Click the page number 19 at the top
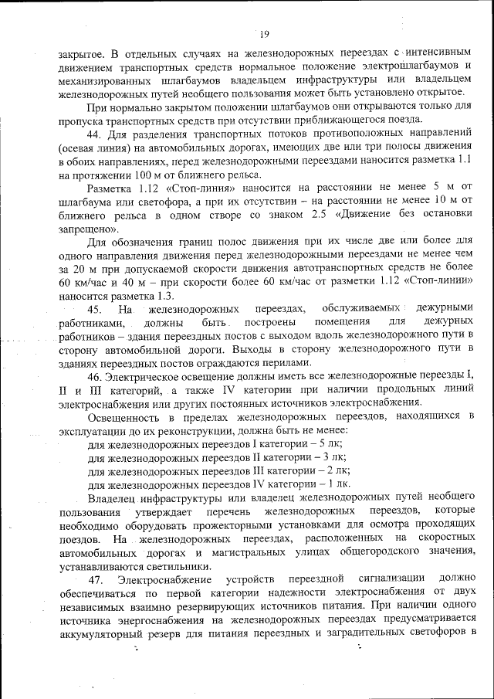pyautogui.click(x=264, y=33)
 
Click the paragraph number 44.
pyautogui.click(x=95, y=134)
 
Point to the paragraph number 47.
pyautogui.click(x=96, y=579)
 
